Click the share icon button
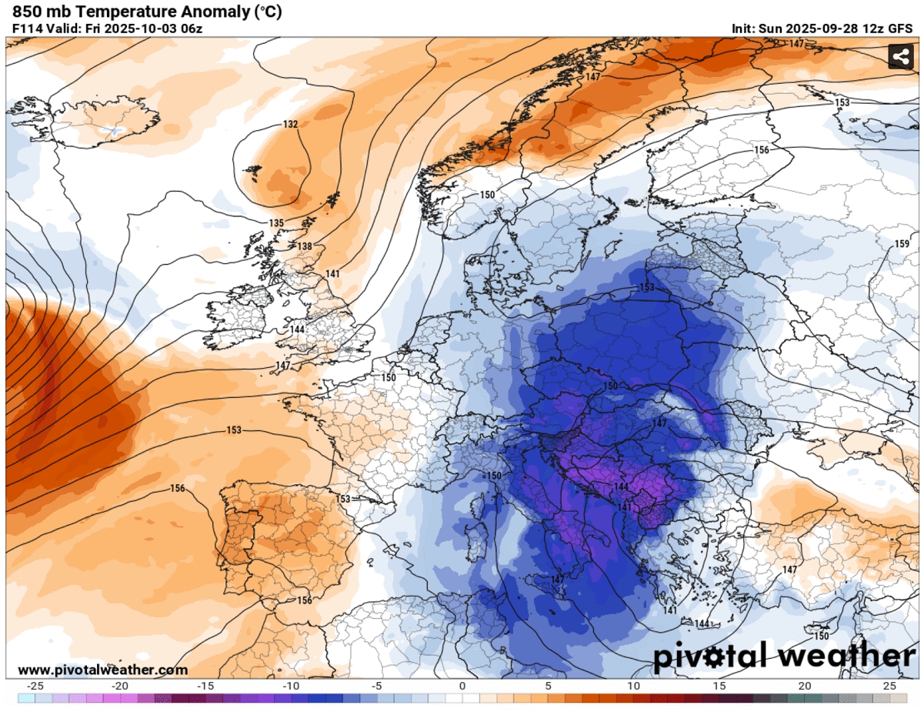[x=900, y=56]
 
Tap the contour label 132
[x=290, y=124]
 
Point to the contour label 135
[x=277, y=223]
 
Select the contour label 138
[x=305, y=246]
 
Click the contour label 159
[x=902, y=244]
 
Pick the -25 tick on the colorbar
[x=35, y=686]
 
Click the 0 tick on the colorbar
[x=462, y=686]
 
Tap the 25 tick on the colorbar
[x=889, y=686]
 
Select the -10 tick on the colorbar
[x=291, y=686]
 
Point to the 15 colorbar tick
[x=719, y=686]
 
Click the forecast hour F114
[x=28, y=29]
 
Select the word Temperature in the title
[x=105, y=12]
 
